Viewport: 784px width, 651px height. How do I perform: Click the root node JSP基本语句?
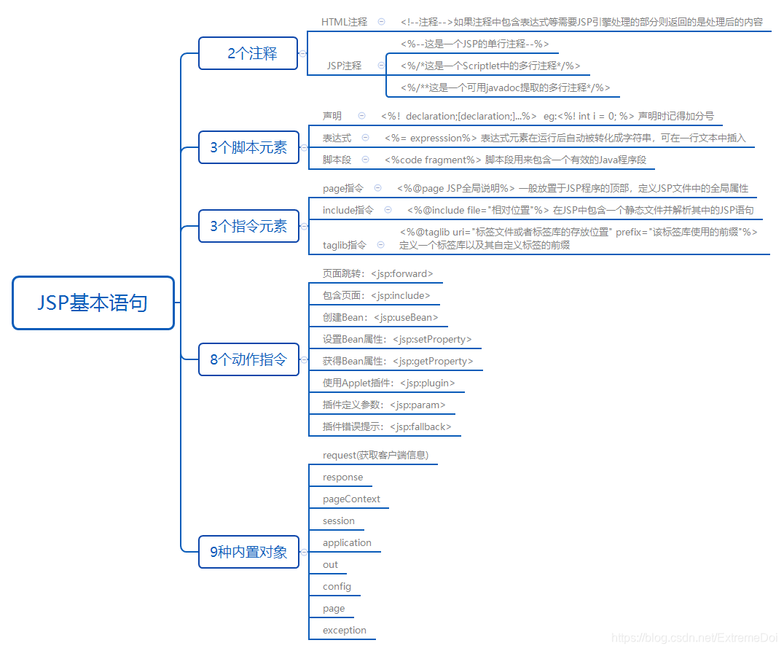[93, 303]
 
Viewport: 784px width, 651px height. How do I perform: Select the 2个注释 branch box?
[248, 53]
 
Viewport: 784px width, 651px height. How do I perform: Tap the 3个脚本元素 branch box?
[248, 147]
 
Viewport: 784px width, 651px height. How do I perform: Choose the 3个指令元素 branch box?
[248, 226]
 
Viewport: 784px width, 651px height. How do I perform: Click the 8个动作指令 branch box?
[248, 359]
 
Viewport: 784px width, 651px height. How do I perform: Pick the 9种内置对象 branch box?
[248, 552]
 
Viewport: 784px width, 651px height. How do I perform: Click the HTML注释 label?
[344, 23]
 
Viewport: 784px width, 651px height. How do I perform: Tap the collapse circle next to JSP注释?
[381, 66]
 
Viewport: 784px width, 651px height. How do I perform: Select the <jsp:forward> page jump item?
[378, 274]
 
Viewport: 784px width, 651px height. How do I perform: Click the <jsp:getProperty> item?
[398, 362]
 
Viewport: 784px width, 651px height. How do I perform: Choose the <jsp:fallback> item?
[387, 427]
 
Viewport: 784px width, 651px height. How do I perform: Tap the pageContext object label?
[351, 499]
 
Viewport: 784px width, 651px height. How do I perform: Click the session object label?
[339, 521]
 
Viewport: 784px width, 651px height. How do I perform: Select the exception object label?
[345, 631]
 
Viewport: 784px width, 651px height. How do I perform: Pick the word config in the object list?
[337, 587]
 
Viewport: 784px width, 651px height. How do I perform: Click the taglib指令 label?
[344, 246]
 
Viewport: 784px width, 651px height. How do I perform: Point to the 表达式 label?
[337, 138]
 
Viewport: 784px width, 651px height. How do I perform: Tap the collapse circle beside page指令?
[377, 188]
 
